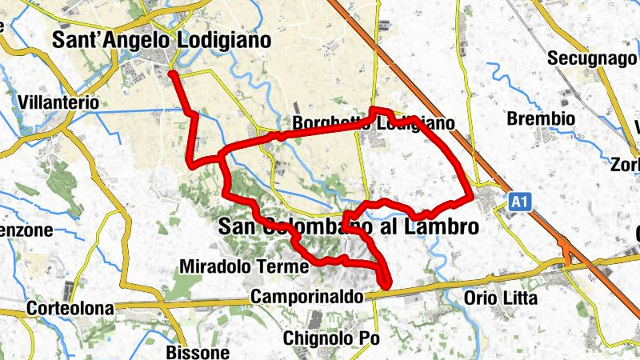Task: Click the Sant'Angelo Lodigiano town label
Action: [x=161, y=40]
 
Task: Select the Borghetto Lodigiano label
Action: [x=373, y=124]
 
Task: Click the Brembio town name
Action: [x=541, y=119]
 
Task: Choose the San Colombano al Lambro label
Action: [x=348, y=227]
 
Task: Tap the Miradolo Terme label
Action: [x=245, y=266]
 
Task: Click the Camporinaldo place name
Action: [x=306, y=297]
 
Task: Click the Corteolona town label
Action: [x=67, y=308]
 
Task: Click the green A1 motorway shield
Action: [x=519, y=204]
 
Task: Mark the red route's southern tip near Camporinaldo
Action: [x=386, y=284]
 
